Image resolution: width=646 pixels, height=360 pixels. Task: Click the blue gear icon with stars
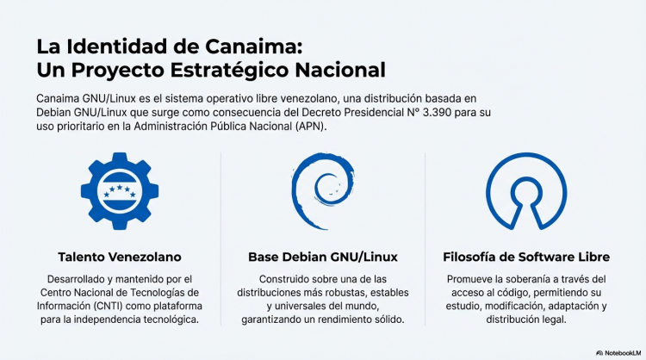tap(119, 191)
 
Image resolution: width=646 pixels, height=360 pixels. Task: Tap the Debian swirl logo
tap(320, 190)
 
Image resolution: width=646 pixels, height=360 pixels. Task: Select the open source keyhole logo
tap(525, 190)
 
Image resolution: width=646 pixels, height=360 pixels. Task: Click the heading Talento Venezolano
tap(120, 257)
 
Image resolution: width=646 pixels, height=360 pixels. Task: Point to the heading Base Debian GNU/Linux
tap(322, 257)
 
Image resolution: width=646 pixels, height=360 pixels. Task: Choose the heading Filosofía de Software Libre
tap(526, 257)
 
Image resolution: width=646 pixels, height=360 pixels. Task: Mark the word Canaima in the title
tap(254, 45)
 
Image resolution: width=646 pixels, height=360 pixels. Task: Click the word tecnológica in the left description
tap(165, 320)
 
